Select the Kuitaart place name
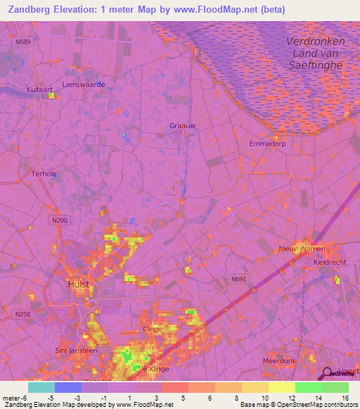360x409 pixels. tap(41, 91)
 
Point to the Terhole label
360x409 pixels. tap(44, 174)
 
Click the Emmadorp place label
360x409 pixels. tap(265, 143)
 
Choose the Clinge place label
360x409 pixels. tap(153, 329)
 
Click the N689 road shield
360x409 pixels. tap(23, 43)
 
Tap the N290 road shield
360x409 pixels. tap(60, 221)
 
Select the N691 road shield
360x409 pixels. tap(239, 279)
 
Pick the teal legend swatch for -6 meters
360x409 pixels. tap(41, 387)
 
